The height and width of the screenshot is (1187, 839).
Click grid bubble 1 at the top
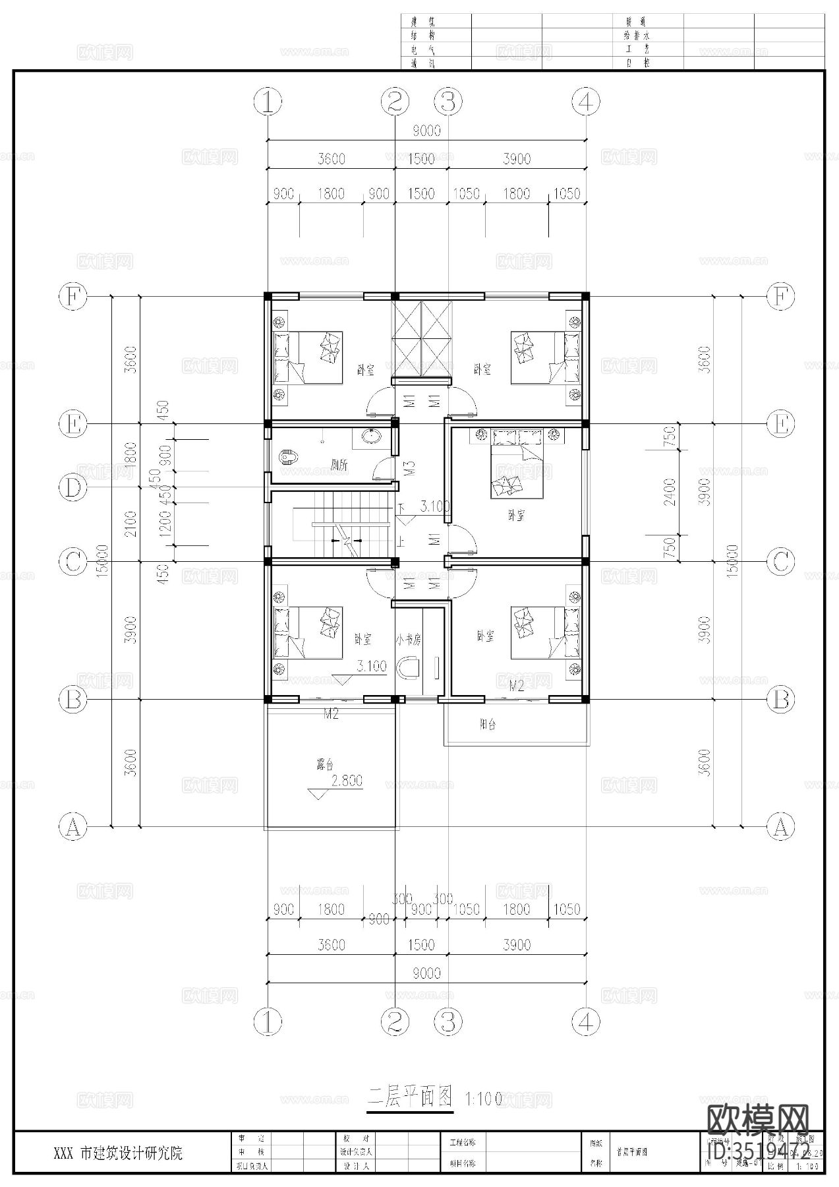tap(268, 102)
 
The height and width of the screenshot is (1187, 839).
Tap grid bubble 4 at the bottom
tap(586, 1021)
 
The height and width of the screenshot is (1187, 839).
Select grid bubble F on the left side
tap(73, 297)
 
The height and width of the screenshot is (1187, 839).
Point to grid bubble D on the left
tap(73, 488)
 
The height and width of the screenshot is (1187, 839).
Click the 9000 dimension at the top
tap(426, 131)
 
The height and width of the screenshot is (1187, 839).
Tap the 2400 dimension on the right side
tap(670, 491)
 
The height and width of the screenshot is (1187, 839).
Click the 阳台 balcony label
tap(488, 724)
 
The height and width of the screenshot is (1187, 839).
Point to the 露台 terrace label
tap(325, 765)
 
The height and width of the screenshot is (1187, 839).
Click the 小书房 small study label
tap(408, 639)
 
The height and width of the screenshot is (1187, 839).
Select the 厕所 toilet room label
tap(339, 465)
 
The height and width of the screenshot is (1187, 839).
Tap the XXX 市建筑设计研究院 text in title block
tap(118, 1153)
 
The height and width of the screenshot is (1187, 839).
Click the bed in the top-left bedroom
tap(309, 357)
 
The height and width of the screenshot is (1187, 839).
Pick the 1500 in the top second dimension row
tap(420, 159)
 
